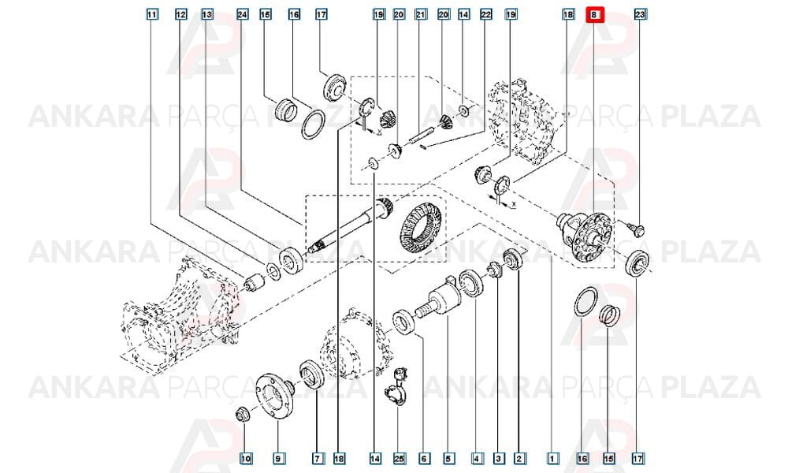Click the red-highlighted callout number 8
pos(593,15)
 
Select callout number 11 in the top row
pos(152,15)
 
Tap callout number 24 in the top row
pos(242,15)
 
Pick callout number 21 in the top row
pos(421,15)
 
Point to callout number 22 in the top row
pos(485,15)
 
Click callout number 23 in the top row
pos(639,15)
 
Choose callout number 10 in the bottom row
pos(246,459)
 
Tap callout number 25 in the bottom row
pos(400,459)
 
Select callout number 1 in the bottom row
pos(552,459)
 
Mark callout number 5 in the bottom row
pos(448,459)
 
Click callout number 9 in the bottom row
pos(278,459)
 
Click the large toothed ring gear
pos(420,227)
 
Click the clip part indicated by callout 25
pos(397,388)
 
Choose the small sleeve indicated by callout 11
pos(255,284)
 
